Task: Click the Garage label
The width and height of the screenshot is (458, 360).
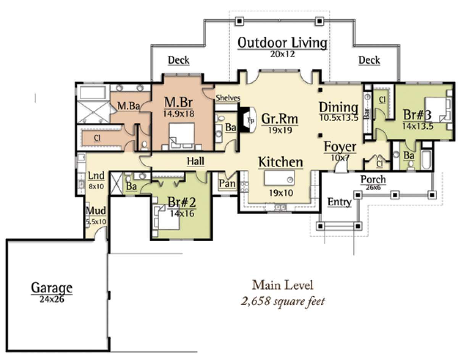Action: tap(52, 287)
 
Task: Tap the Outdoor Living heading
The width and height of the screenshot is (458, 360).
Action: tap(282, 43)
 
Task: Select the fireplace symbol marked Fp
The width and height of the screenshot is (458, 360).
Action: tap(250, 119)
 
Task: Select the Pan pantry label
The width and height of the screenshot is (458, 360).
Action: tap(227, 184)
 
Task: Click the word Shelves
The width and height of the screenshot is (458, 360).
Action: tap(228, 98)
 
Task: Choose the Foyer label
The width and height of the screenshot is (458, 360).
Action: tap(340, 147)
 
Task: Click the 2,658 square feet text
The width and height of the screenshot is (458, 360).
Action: tap(283, 301)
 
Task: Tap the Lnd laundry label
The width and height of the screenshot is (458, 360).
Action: tap(96, 176)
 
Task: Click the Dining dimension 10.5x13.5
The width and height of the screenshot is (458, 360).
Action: tap(339, 118)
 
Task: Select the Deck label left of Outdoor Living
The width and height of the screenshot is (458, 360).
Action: tap(179, 60)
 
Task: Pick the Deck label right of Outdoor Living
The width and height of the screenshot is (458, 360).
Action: tap(369, 60)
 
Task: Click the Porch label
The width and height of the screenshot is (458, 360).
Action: tap(373, 179)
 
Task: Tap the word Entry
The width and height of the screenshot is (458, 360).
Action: tap(339, 202)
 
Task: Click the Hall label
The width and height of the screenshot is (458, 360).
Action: tap(195, 161)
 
